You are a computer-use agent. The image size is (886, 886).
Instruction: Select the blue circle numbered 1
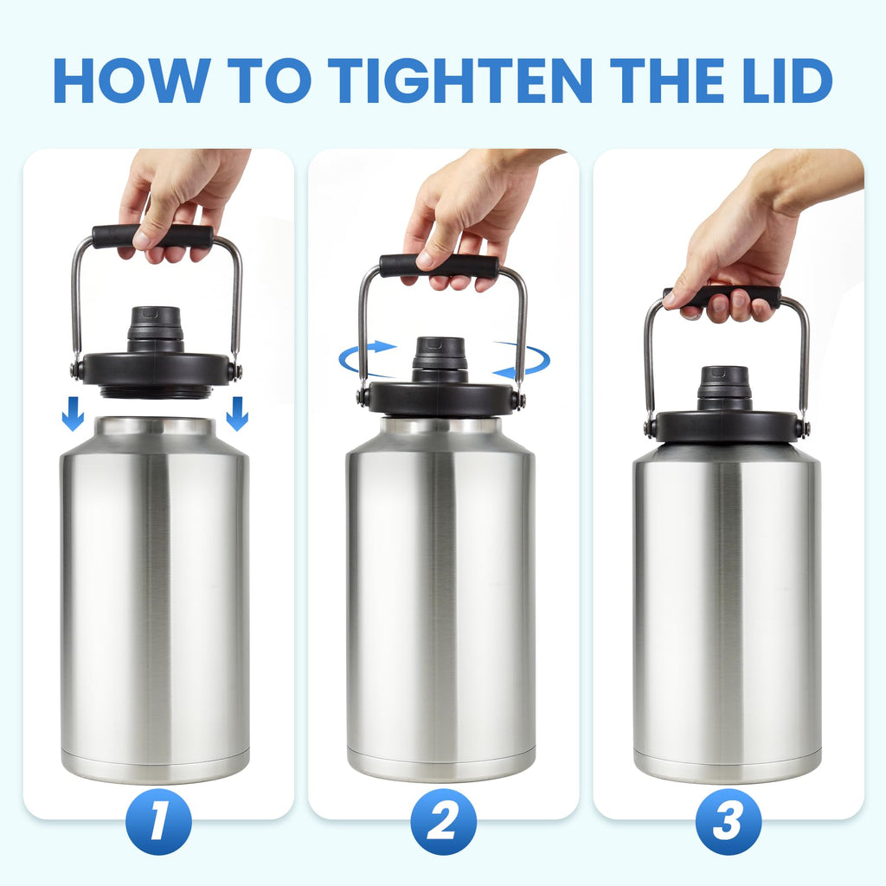[158, 822]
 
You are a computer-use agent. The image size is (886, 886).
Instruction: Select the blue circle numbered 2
[443, 822]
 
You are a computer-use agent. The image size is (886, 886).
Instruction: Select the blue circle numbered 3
[728, 822]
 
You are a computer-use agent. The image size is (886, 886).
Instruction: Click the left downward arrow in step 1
[74, 414]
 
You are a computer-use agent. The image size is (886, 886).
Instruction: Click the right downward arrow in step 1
[236, 414]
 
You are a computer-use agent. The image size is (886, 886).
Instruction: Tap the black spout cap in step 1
[156, 327]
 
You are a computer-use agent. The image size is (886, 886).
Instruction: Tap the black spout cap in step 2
[440, 357]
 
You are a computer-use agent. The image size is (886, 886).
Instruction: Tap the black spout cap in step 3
[724, 386]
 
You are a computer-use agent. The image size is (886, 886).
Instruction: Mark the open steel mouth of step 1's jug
[154, 426]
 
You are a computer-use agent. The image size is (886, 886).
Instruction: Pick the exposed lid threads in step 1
[156, 392]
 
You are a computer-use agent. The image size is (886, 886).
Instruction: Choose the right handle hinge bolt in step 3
[803, 427]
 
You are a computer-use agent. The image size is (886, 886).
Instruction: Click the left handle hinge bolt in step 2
[363, 397]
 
